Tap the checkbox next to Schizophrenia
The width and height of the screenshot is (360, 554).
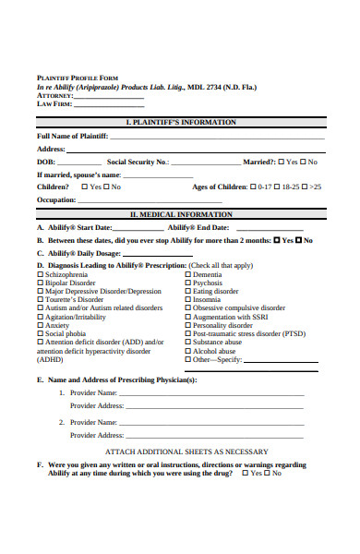pyautogui.click(x=40, y=275)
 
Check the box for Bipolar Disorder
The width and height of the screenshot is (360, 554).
pyautogui.click(x=40, y=283)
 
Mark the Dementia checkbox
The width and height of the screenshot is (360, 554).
pyautogui.click(x=189, y=275)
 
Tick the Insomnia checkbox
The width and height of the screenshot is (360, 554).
pyautogui.click(x=189, y=300)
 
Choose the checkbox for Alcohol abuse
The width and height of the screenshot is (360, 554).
pyautogui.click(x=189, y=351)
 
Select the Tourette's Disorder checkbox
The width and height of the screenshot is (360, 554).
pyautogui.click(x=40, y=300)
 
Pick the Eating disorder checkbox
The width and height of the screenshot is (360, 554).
pyautogui.click(x=189, y=292)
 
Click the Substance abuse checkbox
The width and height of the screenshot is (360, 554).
pyautogui.click(x=189, y=343)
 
